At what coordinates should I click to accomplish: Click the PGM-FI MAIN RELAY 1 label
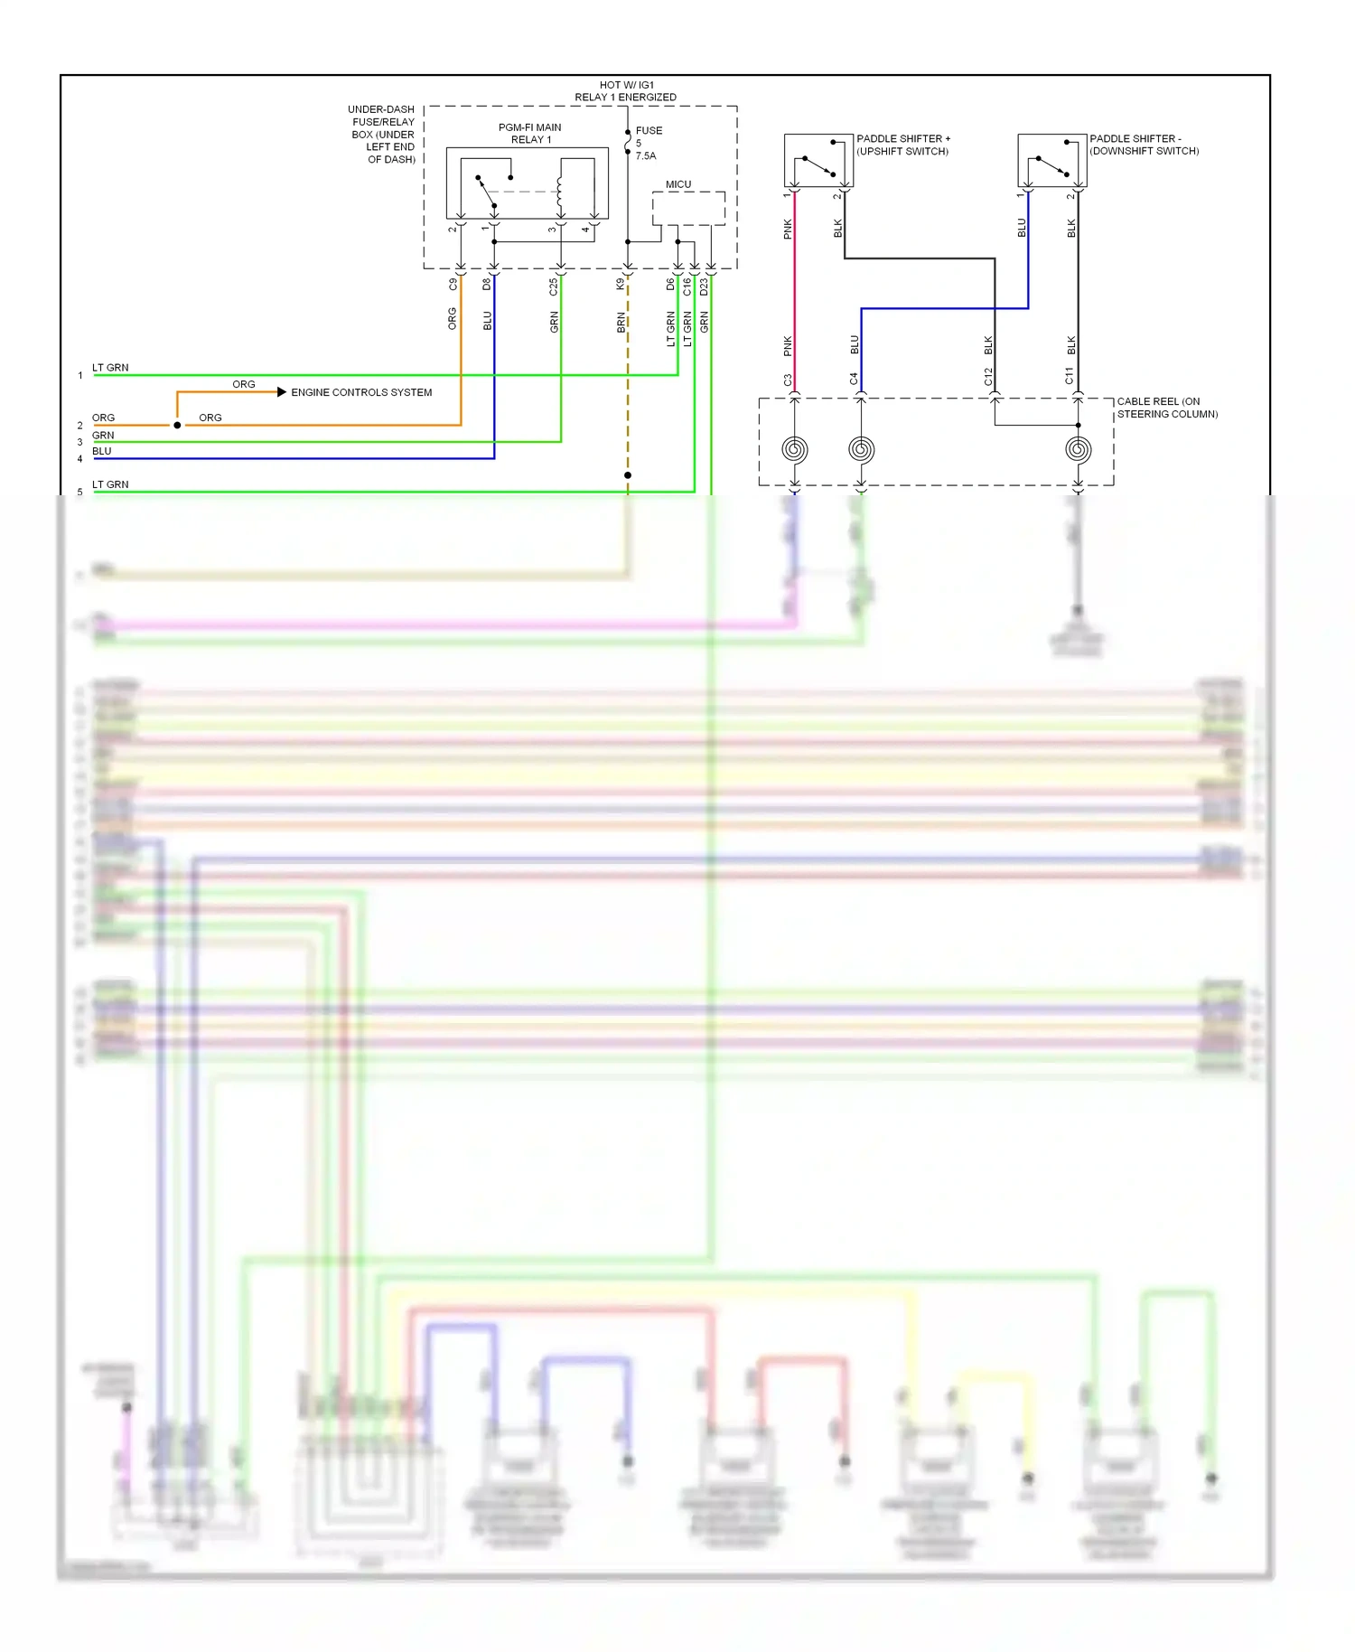coord(530,134)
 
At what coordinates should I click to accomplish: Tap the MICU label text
coord(678,184)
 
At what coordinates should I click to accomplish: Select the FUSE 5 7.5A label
coord(648,143)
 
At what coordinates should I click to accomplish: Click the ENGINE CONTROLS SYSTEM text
coord(361,392)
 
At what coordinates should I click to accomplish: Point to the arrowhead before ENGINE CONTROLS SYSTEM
coord(282,392)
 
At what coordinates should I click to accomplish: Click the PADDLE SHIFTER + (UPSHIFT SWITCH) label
coord(902,145)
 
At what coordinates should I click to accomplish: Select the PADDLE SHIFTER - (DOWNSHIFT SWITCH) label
coord(1144,145)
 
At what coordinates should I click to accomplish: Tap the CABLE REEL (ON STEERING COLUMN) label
coord(1166,408)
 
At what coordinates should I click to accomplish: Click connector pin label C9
coord(453,284)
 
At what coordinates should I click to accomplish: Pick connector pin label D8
coord(487,284)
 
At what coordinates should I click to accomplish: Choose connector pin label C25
coord(554,286)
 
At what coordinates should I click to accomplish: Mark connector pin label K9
coord(621,284)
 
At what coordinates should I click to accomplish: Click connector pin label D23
coord(704,286)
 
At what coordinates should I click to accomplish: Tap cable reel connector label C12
coord(988,377)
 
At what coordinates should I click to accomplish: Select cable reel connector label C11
coord(1070,377)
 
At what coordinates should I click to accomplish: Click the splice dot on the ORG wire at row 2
coord(177,425)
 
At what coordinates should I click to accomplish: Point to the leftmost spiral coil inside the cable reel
coord(795,449)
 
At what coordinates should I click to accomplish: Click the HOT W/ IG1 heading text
coord(626,85)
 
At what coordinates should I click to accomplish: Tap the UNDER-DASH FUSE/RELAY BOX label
coord(383,134)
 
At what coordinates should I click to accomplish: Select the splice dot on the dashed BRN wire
coord(628,475)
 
